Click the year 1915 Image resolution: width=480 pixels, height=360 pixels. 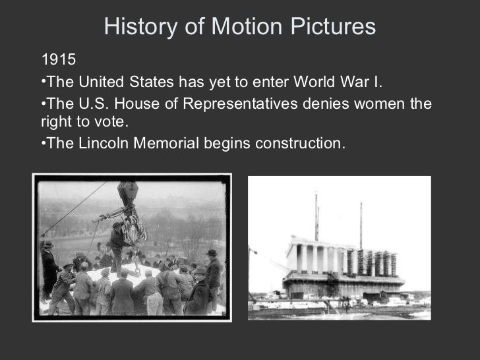[59, 61]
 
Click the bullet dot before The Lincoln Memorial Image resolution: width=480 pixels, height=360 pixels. [43, 143]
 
